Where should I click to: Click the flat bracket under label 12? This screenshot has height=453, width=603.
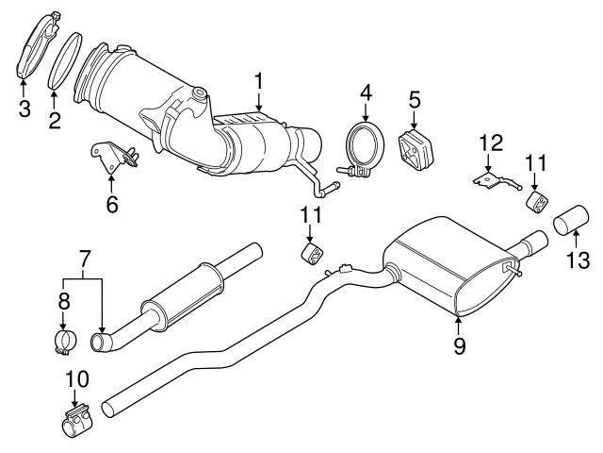tap(492, 178)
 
